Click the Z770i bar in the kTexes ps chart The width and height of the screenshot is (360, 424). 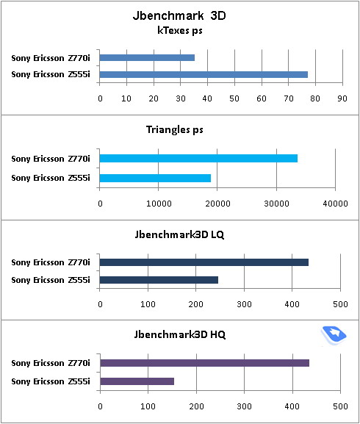pos(147,57)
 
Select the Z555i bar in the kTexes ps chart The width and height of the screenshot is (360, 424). pos(204,74)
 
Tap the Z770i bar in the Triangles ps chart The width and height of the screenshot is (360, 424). pos(198,158)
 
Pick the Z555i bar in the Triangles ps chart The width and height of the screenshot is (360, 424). pos(155,178)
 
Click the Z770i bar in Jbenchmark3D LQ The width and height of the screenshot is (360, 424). pos(204,262)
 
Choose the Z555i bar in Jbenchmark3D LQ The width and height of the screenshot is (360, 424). pos(159,280)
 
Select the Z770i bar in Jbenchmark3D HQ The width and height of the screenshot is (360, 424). pos(205,363)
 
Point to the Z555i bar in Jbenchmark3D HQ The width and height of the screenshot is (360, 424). pos(137,381)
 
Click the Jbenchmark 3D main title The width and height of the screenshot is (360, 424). pos(179,15)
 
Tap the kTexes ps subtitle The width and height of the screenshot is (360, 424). pos(180,31)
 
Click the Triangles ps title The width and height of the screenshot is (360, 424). pos(175,130)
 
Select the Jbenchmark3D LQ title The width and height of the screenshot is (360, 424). pos(179,234)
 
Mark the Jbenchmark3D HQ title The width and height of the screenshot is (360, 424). pos(180,334)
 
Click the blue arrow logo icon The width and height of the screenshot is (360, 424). pos(334,335)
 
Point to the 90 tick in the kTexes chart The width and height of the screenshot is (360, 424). pos(342,98)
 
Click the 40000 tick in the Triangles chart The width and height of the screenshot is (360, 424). pos(335,204)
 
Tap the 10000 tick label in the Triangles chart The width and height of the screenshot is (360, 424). pos(159,204)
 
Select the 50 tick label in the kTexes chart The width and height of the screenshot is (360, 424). pos(234,98)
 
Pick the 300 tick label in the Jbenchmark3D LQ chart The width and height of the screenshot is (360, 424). pos(244,304)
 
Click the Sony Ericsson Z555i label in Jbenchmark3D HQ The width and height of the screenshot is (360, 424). pos(51,381)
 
